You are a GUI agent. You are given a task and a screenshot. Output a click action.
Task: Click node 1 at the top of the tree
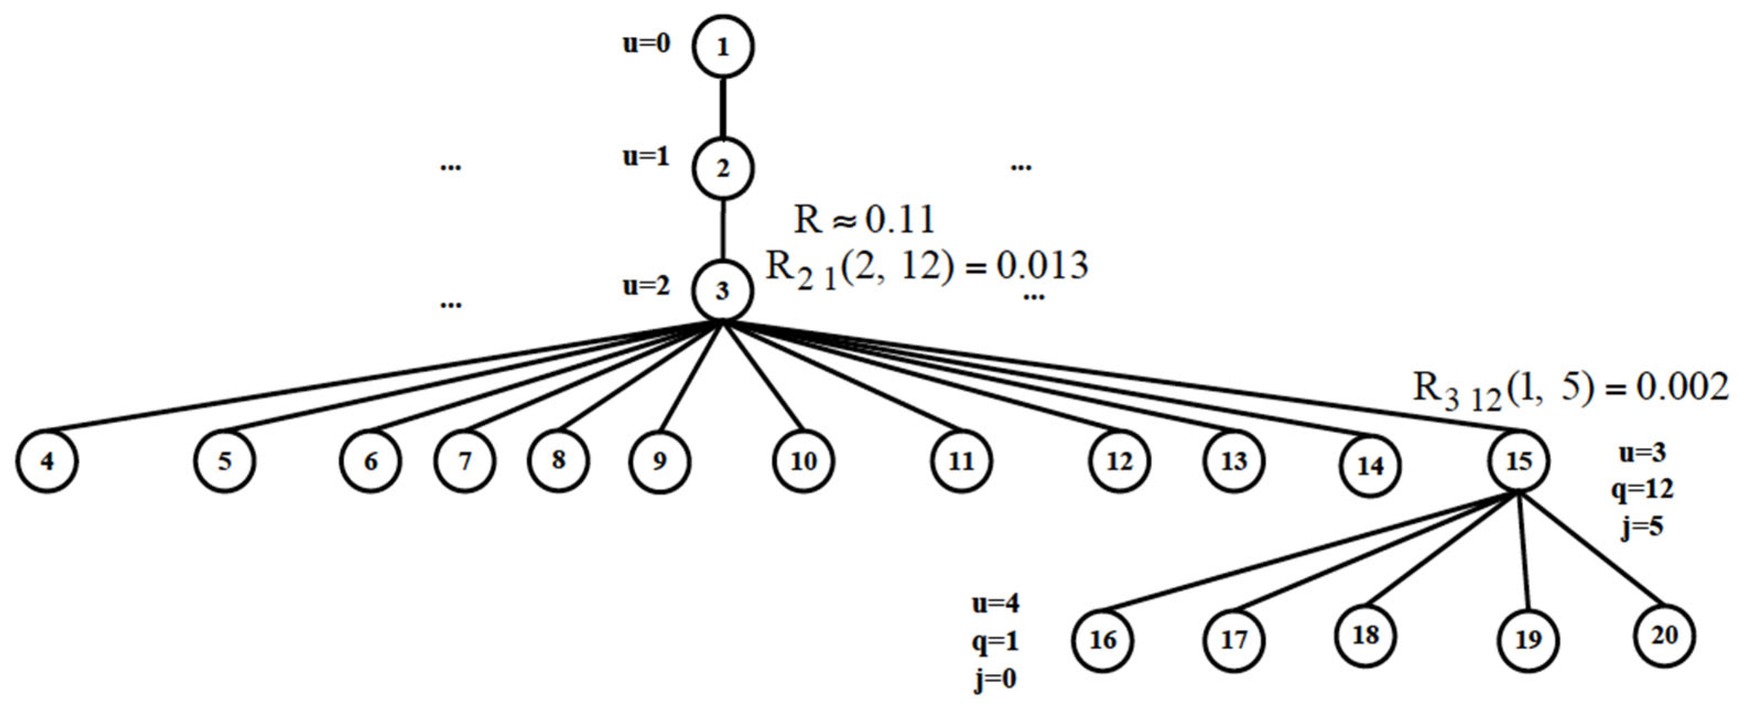point(722,47)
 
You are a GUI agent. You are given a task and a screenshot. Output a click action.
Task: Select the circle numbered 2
point(722,168)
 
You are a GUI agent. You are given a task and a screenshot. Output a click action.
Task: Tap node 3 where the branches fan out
point(722,291)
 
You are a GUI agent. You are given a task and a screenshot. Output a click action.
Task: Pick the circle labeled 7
point(464,461)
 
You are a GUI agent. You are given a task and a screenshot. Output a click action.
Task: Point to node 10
point(803,462)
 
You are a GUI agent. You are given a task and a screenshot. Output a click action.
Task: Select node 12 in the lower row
point(1118,462)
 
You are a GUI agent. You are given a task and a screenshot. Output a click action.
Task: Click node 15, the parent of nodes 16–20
point(1519,462)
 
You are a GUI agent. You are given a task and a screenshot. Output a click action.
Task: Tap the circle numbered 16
point(1103,640)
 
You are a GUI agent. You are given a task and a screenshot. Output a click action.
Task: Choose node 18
point(1366,635)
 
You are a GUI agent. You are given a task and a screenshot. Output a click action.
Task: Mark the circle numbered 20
point(1665,635)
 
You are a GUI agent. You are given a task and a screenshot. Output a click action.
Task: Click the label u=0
point(646,44)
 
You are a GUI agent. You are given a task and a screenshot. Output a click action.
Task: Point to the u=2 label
point(646,286)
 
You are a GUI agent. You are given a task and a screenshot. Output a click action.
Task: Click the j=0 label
point(995,679)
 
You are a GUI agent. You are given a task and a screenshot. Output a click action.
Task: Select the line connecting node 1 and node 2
point(723,108)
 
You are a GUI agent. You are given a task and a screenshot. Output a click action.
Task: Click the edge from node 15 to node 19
point(1524,554)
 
